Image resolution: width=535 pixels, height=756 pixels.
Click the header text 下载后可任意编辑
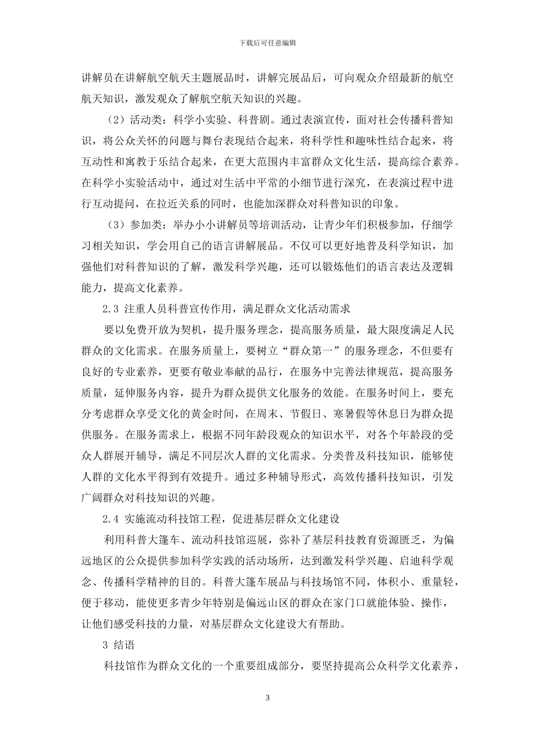pos(267,42)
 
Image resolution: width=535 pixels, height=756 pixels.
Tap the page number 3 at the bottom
pos(267,698)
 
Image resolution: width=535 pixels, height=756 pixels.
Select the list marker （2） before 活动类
pos(115,120)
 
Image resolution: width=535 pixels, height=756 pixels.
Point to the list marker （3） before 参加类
pos(115,225)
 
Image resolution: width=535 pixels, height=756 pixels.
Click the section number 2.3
pos(112,309)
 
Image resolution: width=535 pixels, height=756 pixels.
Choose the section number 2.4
pos(112,519)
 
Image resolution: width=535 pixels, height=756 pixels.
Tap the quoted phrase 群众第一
pos(311,351)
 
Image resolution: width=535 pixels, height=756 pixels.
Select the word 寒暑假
pos(353,414)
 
